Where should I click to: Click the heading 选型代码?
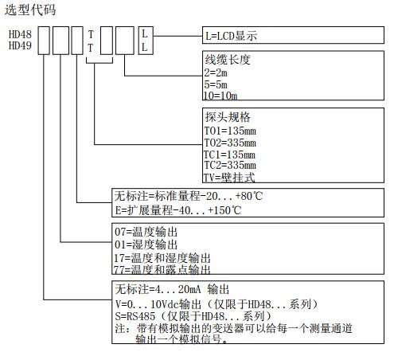click(x=30, y=10)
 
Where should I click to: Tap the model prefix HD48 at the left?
click(x=20, y=34)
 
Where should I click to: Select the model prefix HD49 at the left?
click(x=20, y=45)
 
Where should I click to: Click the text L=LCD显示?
click(x=231, y=36)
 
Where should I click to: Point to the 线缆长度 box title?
click(x=228, y=60)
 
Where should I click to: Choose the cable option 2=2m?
click(x=216, y=72)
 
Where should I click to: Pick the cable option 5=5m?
click(x=216, y=84)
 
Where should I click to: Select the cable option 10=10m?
click(x=220, y=96)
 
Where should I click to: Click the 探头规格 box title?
click(x=228, y=117)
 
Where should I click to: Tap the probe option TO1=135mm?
click(x=230, y=131)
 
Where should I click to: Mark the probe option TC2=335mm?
click(x=230, y=165)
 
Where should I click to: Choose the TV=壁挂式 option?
click(x=229, y=178)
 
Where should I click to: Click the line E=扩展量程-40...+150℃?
click(x=178, y=210)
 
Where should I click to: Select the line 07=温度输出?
click(x=146, y=232)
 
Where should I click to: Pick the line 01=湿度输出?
click(x=146, y=245)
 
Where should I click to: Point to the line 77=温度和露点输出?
click(x=162, y=270)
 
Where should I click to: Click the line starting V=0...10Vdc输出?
click(x=217, y=304)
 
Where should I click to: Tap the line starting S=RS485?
click(x=193, y=316)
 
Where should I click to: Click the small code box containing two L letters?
click(x=146, y=41)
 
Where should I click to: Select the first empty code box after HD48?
click(x=44, y=41)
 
